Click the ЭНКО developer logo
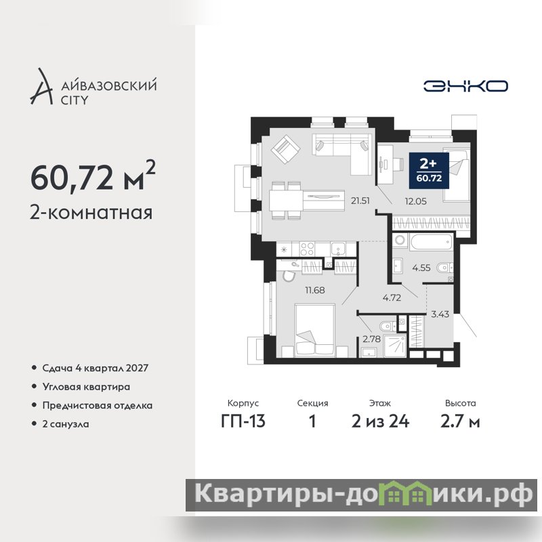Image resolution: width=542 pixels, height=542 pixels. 465,86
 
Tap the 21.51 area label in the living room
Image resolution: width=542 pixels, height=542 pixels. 360,201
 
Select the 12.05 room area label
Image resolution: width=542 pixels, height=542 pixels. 415,201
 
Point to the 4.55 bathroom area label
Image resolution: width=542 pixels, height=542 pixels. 421,268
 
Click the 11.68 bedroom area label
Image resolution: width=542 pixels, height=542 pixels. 314,290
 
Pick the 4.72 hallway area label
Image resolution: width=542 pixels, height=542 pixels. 392,297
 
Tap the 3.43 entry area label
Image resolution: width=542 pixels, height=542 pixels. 440,314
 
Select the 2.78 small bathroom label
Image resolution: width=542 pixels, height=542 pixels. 371,339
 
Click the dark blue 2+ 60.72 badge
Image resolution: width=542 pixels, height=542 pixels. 429,171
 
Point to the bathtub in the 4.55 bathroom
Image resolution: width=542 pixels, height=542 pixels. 431,242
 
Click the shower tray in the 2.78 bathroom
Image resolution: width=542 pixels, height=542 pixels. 394,346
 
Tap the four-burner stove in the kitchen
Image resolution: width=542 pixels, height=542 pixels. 307,249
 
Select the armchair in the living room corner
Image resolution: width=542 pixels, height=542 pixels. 285,149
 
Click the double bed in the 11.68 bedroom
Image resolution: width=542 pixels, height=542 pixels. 315,330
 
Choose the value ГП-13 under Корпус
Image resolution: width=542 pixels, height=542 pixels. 243,421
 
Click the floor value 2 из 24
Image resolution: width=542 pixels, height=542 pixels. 380,421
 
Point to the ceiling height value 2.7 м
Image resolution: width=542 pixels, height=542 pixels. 460,421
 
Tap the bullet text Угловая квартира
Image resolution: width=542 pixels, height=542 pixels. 86,387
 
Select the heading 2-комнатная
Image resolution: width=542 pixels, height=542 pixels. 91,212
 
